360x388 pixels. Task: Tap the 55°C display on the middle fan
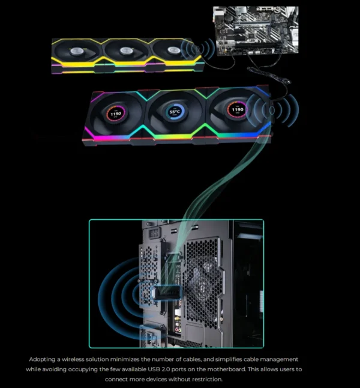[175, 112]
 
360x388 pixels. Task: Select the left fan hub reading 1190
[117, 112]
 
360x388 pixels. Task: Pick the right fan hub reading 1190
[238, 110]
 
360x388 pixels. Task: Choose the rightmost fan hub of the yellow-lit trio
[173, 50]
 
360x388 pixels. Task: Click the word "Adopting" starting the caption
[44, 359]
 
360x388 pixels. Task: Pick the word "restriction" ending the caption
[205, 379]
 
